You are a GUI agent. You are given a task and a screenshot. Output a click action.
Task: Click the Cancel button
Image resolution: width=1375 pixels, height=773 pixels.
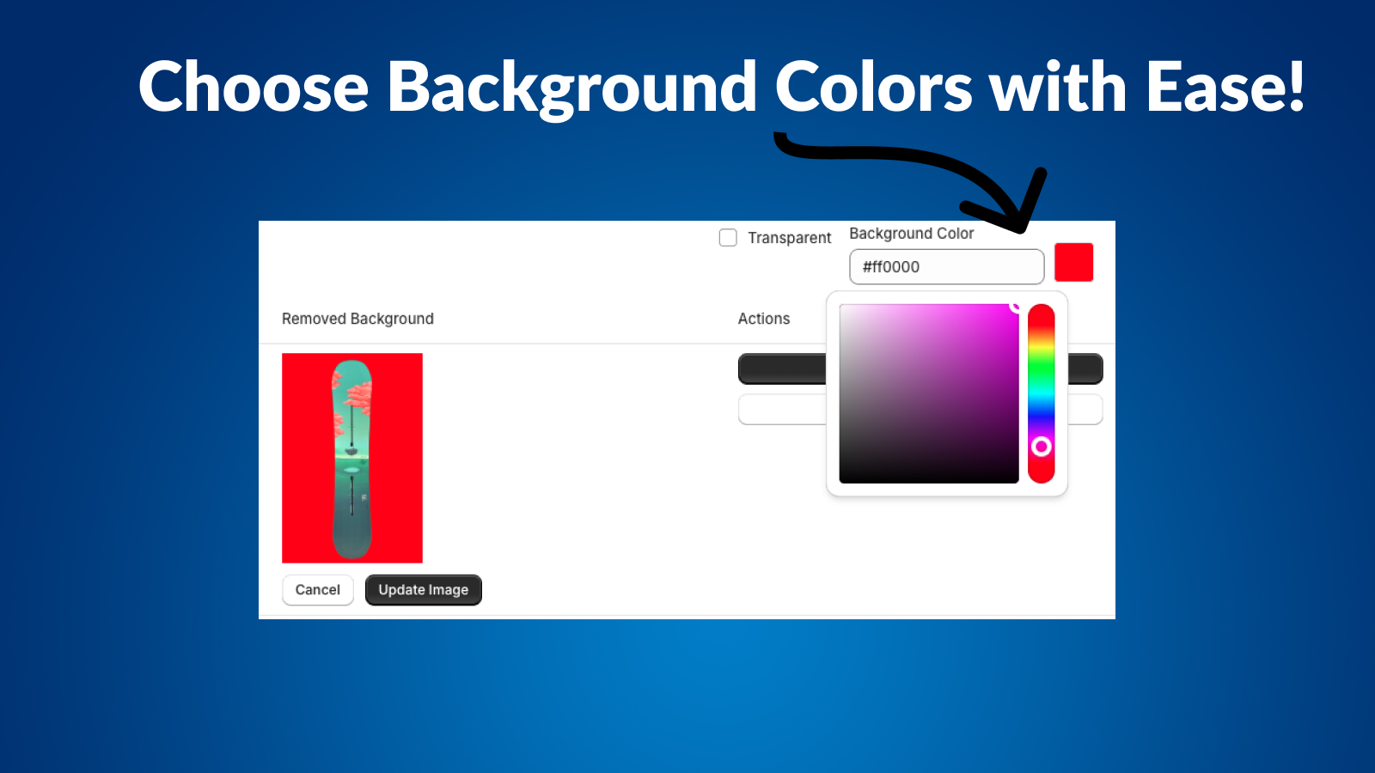317,590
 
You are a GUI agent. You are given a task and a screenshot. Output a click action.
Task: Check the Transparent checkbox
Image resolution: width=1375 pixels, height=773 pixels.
728,238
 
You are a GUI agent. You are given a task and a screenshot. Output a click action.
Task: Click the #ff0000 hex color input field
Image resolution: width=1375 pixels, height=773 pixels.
946,267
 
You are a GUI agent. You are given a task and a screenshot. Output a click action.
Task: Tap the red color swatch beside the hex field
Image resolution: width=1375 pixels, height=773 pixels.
1073,263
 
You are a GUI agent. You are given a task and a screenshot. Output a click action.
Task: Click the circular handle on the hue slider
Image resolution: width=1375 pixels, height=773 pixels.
1041,447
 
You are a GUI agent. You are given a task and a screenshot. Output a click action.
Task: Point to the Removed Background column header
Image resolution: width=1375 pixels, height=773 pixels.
357,319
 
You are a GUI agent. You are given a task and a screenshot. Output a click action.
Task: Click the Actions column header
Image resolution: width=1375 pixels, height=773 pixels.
763,319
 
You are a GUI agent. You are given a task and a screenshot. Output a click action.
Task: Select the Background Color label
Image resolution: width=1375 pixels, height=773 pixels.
911,234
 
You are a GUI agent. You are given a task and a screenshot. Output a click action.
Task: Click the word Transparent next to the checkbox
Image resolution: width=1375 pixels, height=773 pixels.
789,238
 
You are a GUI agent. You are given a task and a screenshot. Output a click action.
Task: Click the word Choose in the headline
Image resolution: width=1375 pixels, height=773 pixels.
254,88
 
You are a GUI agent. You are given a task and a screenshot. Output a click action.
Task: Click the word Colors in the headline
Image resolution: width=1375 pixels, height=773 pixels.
873,88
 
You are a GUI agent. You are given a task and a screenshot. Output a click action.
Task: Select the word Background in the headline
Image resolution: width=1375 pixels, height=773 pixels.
571,88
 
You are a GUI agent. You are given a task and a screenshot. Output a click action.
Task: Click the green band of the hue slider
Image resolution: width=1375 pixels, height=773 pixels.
1041,374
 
